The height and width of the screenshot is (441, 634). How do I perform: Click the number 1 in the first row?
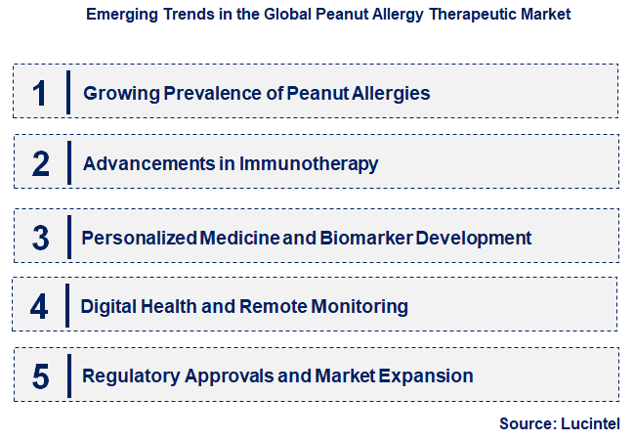tap(40, 93)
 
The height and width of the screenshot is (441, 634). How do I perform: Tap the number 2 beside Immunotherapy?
tap(40, 163)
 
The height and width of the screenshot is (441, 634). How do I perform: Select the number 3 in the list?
tap(40, 238)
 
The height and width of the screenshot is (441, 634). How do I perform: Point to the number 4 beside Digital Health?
tap(39, 307)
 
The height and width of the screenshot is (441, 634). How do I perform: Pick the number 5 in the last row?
tap(40, 376)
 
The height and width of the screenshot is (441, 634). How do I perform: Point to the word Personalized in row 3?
tap(139, 238)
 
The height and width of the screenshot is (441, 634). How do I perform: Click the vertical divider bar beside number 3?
tap(69, 236)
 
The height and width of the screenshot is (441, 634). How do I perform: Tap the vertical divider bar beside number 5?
tap(69, 375)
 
